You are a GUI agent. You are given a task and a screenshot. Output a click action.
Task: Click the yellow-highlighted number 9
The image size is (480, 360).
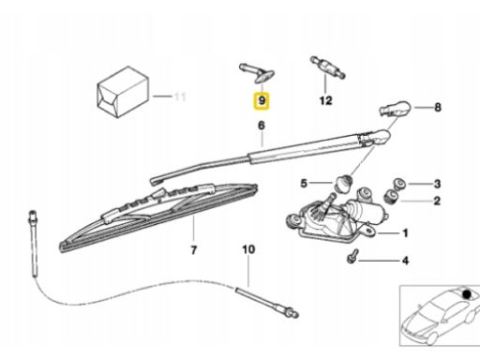(x=262, y=100)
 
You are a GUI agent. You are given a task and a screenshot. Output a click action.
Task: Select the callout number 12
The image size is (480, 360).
(x=325, y=100)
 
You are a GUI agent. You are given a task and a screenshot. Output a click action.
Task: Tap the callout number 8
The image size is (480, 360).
(x=438, y=107)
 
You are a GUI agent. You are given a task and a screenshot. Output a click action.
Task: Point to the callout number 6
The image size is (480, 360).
(x=262, y=126)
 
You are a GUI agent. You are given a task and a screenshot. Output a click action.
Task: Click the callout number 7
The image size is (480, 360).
(x=194, y=250)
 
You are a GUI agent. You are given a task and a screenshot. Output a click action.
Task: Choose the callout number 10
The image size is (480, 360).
(x=248, y=249)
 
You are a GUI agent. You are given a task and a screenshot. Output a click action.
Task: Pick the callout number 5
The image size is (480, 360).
(x=304, y=183)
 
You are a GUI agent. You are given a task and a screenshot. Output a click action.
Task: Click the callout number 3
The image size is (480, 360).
(x=437, y=184)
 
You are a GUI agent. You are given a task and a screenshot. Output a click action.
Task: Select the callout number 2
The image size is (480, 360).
(x=437, y=201)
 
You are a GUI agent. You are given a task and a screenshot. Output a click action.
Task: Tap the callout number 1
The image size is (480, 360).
(x=405, y=233)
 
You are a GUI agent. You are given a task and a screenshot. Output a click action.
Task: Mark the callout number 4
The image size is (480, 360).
(x=405, y=261)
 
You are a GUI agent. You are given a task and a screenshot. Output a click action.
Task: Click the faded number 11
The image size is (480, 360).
(x=180, y=97)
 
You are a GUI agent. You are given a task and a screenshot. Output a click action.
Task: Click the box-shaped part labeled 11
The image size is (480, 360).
(x=123, y=92)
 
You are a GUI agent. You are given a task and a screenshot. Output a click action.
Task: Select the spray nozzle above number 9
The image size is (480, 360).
(x=257, y=73)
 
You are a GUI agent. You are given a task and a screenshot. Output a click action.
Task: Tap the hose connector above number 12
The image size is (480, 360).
(x=328, y=67)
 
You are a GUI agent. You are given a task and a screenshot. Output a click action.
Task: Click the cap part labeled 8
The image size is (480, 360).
(x=395, y=108)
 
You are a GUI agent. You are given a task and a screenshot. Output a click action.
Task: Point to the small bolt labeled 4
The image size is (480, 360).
(x=352, y=256)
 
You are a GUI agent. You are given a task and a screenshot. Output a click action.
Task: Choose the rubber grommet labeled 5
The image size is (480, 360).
(x=343, y=183)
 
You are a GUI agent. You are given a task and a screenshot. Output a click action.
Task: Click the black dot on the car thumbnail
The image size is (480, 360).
(x=467, y=294)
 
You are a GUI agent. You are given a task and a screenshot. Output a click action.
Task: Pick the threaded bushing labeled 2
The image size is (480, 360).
(x=391, y=196)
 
